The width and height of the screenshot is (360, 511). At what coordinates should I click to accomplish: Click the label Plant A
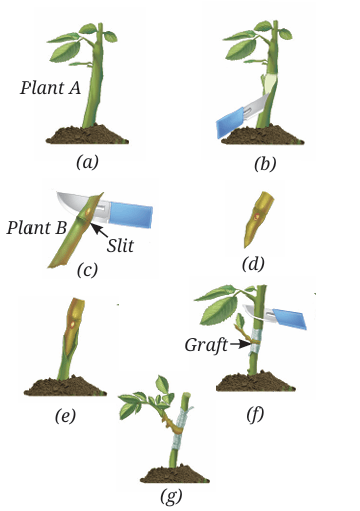50,88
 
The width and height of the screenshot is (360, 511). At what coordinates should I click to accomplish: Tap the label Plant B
37,228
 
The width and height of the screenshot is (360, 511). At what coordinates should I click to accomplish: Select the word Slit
120,246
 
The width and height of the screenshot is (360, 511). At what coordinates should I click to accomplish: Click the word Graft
206,345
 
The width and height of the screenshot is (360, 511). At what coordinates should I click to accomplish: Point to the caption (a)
87,163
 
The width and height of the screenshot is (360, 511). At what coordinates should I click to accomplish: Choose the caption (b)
265,164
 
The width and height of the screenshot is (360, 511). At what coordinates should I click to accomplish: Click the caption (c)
87,270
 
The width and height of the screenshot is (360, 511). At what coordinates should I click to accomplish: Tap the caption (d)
253,264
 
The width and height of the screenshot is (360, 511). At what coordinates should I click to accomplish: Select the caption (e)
65,415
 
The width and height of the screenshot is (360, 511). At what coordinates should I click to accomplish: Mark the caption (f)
255,414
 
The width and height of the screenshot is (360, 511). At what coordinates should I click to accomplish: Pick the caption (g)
171,496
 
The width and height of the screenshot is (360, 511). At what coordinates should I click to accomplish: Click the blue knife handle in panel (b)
229,122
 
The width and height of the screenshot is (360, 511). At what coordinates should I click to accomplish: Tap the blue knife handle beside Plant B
131,214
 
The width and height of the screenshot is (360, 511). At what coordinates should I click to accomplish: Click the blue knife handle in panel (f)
289,319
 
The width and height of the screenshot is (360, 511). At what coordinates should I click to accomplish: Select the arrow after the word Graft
240,344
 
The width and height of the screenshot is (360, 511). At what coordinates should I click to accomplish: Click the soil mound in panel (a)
87,135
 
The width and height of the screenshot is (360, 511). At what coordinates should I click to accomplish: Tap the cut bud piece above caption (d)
257,219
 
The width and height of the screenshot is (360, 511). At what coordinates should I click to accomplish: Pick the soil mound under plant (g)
175,475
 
